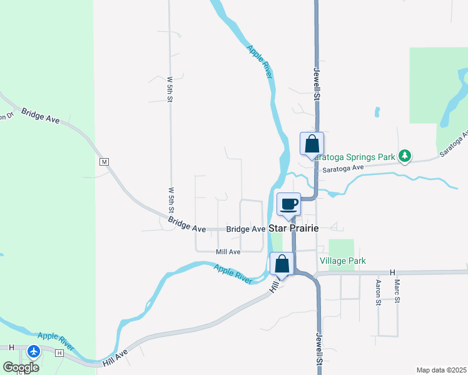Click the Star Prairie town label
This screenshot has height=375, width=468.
(x=293, y=229)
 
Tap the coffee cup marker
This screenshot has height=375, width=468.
(x=288, y=204)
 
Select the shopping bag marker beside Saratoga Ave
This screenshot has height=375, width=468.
(x=312, y=144)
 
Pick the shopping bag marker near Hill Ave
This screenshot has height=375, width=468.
(x=282, y=264)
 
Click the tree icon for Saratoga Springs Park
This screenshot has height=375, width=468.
(x=405, y=155)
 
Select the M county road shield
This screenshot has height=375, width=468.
(x=104, y=162)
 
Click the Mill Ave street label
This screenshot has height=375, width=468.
(x=228, y=252)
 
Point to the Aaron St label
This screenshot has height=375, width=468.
(x=378, y=292)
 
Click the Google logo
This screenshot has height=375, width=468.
(x=21, y=367)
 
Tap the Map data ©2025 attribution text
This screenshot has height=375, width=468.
(x=441, y=370)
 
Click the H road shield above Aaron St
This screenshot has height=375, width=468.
(x=393, y=272)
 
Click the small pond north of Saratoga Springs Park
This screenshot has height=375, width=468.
(x=377, y=112)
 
